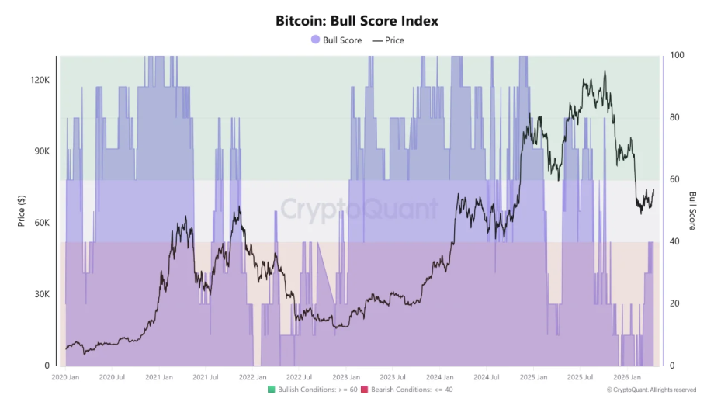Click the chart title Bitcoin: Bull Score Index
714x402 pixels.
tap(357, 21)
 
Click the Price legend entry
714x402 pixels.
tap(388, 40)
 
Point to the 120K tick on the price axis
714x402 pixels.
tap(40, 80)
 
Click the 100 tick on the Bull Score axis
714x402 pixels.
tap(677, 56)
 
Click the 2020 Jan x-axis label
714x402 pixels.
tap(66, 378)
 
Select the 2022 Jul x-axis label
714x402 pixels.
tap(299, 378)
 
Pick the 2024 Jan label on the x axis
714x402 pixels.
tap(439, 378)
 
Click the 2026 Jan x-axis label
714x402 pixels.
tap(626, 378)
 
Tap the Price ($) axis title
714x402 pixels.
tap(22, 210)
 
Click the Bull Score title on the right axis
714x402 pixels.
tap(692, 210)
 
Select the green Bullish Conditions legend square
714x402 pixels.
tap(272, 389)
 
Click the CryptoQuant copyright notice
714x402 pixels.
tap(651, 390)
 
